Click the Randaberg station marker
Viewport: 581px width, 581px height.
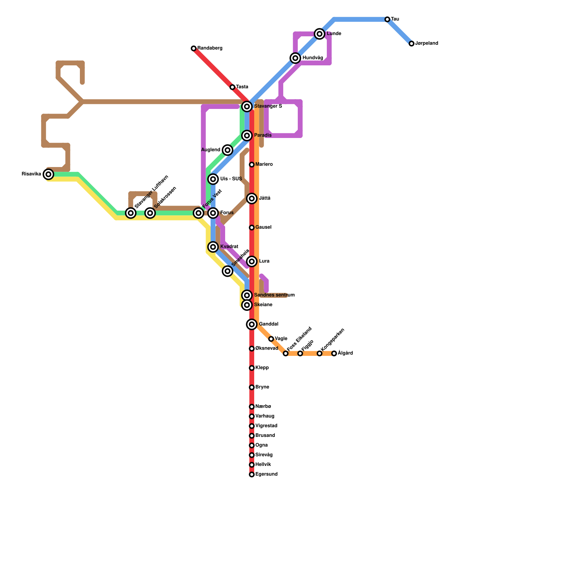[x=194, y=48]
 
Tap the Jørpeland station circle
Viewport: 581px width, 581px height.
[x=411, y=44]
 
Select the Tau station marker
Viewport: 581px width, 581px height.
[x=387, y=19]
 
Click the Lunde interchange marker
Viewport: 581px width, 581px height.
[x=320, y=34]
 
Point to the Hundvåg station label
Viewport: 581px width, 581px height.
[x=313, y=58]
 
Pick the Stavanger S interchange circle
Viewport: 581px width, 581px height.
[x=247, y=106]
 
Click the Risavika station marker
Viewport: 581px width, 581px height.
[x=48, y=174]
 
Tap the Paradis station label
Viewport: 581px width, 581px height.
[x=263, y=135]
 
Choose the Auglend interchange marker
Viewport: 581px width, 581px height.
[x=228, y=150]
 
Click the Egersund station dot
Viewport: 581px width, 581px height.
[x=252, y=475]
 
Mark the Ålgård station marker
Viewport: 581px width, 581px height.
[x=334, y=353]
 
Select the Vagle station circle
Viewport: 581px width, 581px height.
[x=271, y=339]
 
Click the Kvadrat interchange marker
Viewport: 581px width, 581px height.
[x=213, y=247]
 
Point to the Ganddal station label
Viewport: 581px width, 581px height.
[x=268, y=324]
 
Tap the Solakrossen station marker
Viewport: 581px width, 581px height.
[x=150, y=213]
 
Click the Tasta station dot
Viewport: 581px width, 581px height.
[x=232, y=87]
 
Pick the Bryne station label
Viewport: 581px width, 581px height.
[x=262, y=387]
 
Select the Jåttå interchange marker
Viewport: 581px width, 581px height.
[x=252, y=199]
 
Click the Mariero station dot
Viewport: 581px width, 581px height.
[x=252, y=164]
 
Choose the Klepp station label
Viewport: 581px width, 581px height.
[x=262, y=368]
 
